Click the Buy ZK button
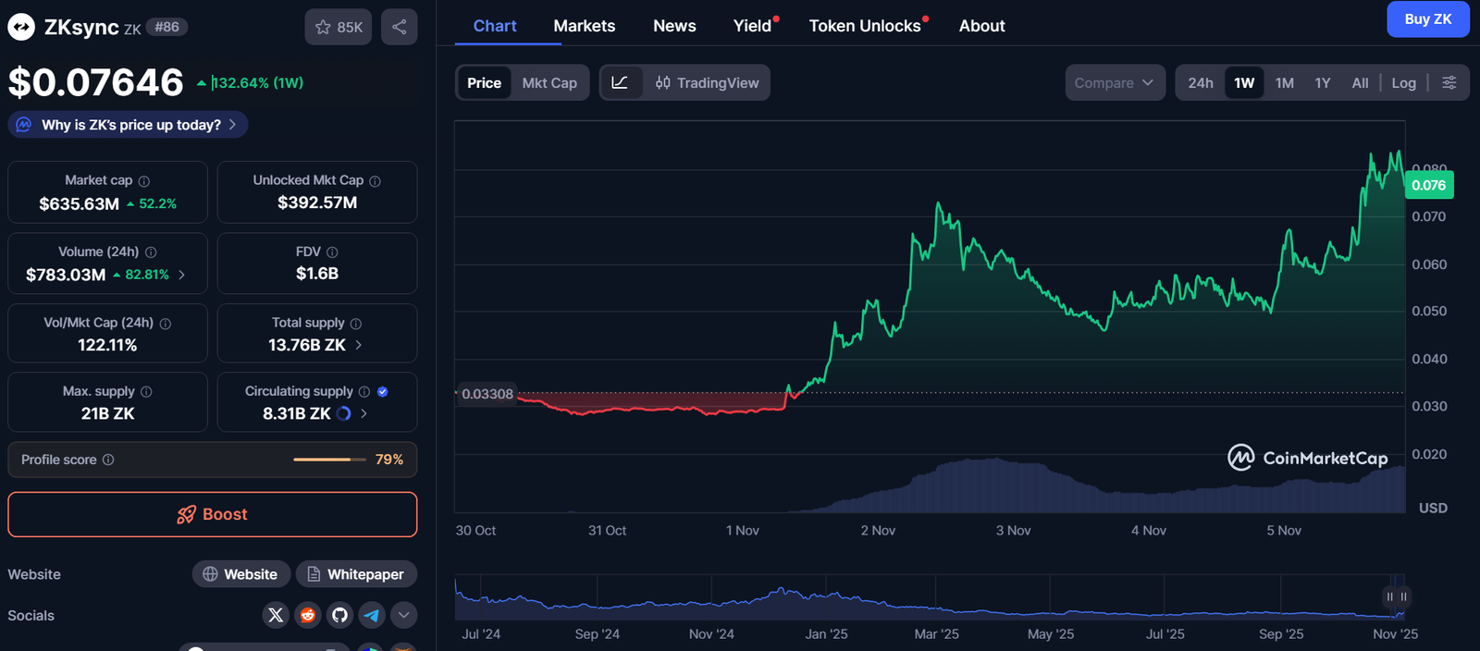[1427, 19]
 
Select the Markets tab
[584, 26]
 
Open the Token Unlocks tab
[865, 26]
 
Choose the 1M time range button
[1284, 83]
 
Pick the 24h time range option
[1200, 83]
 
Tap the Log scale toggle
[1403, 83]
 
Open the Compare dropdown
[1114, 83]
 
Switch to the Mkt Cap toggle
[549, 83]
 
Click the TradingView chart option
[708, 83]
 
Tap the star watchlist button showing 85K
[339, 28]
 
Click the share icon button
[399, 28]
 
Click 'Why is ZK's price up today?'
[130, 125]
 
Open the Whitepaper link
[356, 574]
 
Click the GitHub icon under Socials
[339, 615]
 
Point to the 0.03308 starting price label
[487, 394]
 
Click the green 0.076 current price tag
[1428, 185]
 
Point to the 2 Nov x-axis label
[878, 531]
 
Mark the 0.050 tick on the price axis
[1429, 312]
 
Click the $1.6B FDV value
[317, 274]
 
